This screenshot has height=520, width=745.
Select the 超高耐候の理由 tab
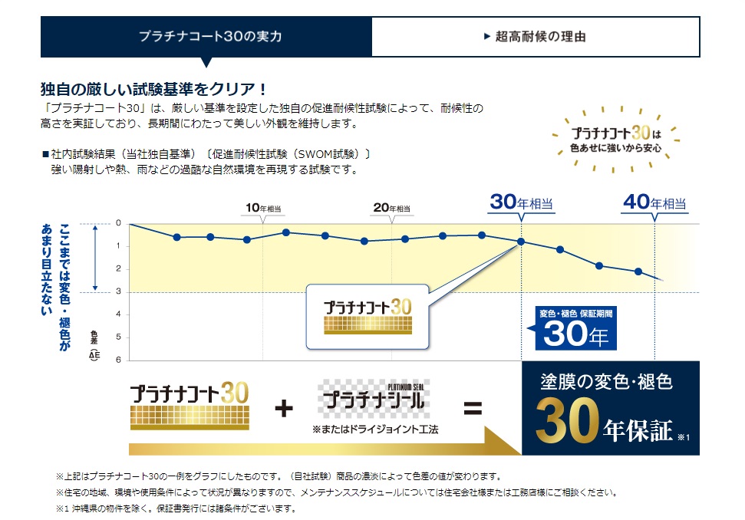tap(536, 36)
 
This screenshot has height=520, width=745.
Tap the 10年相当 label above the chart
tap(263, 208)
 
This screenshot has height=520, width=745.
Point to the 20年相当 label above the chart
tap(391, 208)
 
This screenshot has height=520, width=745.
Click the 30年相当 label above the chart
tap(522, 202)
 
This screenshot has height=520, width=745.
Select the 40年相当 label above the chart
tap(654, 202)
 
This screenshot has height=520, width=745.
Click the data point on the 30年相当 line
tap(521, 242)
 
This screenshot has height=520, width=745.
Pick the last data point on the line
tap(638, 272)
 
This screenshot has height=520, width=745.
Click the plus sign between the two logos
tap(284, 408)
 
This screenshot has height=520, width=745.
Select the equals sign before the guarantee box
tap(473, 408)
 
